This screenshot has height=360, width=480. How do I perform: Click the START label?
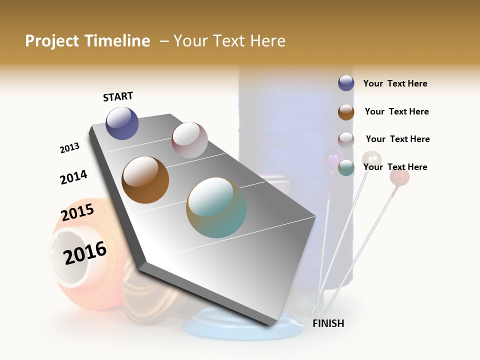118,96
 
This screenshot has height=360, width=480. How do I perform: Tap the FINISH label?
328,323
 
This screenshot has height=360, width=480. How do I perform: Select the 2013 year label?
69,148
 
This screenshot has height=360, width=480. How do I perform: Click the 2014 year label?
73,177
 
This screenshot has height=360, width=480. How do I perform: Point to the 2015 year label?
77,213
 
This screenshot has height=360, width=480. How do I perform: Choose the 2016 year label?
85,253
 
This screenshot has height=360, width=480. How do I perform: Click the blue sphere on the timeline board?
122,123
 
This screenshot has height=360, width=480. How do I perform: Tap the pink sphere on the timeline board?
189,140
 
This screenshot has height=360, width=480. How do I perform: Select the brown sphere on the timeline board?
145,180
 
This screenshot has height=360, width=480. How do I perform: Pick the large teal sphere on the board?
216,207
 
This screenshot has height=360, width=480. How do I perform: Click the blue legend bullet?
346,83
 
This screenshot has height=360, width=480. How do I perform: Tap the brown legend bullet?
346,112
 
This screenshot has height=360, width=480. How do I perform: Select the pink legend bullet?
346,139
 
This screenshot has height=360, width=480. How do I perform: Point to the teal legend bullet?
346,167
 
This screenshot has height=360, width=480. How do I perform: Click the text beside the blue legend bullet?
395,83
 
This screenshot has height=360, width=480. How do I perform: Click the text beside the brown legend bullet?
396,111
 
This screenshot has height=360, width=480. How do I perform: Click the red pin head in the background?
399,176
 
